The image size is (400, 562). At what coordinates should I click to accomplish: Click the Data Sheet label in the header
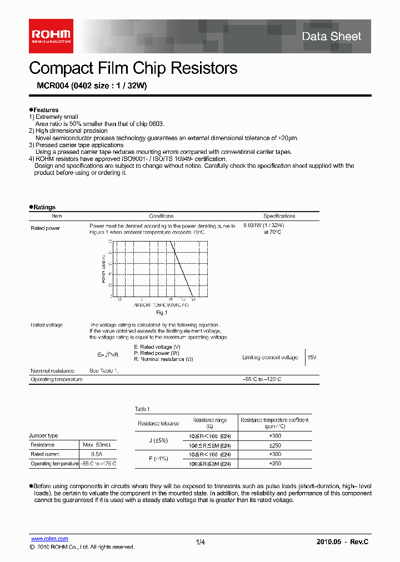[331, 37]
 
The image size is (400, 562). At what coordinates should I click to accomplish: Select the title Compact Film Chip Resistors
[133, 68]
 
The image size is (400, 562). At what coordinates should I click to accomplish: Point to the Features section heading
[45, 110]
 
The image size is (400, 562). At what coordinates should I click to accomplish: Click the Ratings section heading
[44, 207]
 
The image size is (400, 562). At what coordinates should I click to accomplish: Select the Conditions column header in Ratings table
[161, 216]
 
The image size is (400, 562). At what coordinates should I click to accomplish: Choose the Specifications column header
[279, 216]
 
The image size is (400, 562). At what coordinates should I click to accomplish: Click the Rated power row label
[45, 228]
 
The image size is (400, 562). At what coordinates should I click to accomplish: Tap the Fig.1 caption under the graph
[161, 313]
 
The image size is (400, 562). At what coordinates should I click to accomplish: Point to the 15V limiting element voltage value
[312, 358]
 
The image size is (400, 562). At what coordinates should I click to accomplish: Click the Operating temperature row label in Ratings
[56, 379]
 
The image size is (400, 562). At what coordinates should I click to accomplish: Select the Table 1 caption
[142, 409]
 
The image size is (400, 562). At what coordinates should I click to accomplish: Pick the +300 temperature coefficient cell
[274, 436]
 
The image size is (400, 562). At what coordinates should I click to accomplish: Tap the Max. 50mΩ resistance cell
[97, 445]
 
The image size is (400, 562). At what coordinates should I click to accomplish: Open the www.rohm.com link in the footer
[49, 539]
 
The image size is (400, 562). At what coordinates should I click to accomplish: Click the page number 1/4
[201, 542]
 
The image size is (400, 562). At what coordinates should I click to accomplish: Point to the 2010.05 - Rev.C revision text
[342, 542]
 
